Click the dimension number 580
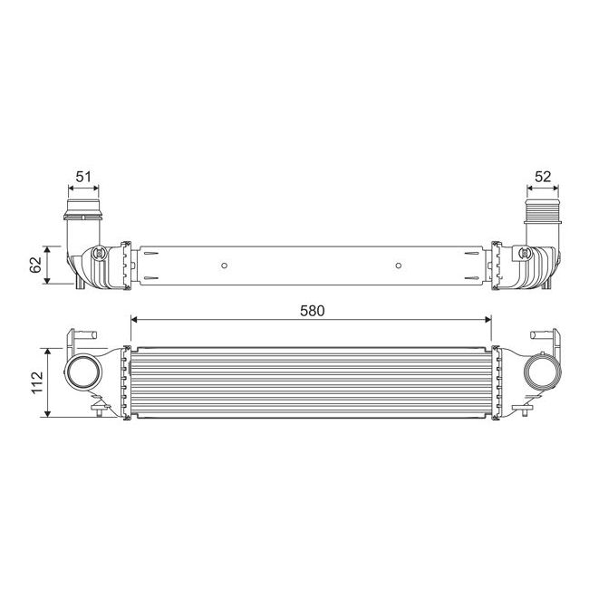(312, 309)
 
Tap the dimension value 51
(83, 177)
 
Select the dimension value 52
(543, 177)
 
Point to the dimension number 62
(35, 264)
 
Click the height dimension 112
(35, 381)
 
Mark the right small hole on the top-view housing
(399, 266)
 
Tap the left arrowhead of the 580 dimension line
(135, 319)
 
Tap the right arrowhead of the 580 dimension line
(488, 319)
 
